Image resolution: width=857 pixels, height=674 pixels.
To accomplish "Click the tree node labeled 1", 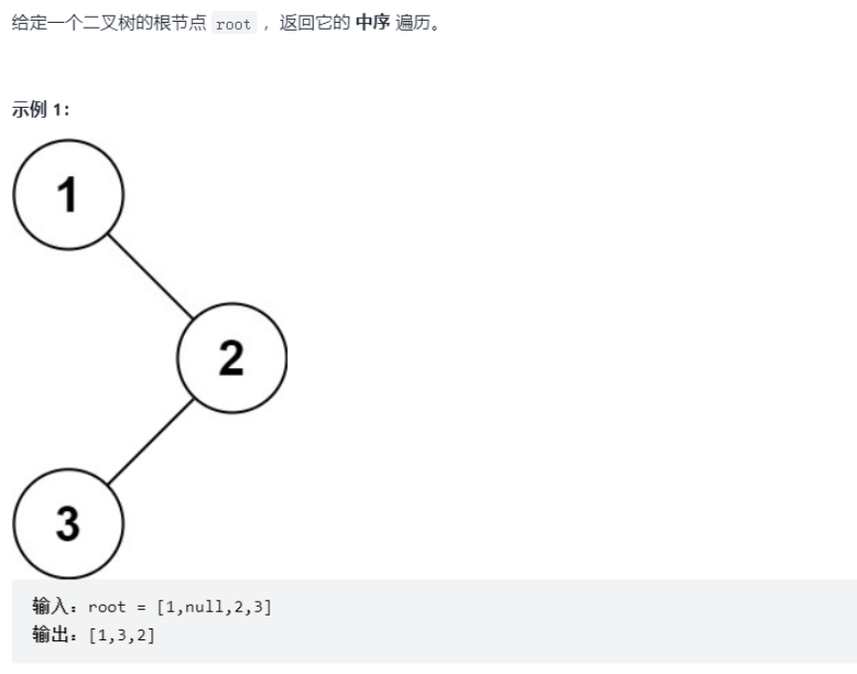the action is tap(67, 194).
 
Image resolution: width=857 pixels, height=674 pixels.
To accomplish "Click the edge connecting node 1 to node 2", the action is tap(149, 276).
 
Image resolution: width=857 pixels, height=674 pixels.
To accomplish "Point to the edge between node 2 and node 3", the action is tap(149, 440).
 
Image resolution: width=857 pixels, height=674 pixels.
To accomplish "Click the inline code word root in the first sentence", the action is tap(234, 25).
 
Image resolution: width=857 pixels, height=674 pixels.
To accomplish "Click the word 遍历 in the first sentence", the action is tap(415, 24).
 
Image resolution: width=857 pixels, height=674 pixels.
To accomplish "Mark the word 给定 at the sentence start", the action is tap(25, 24).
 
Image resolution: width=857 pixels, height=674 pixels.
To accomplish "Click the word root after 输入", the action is tap(107, 607).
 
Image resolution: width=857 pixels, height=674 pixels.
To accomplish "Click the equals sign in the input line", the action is tap(143, 607).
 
